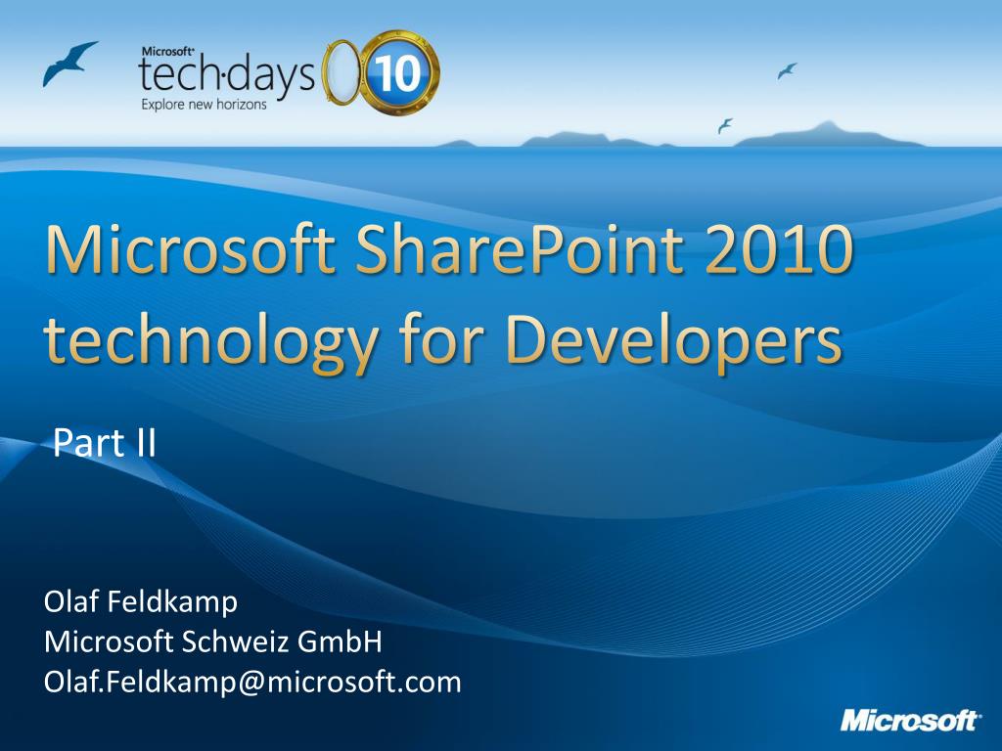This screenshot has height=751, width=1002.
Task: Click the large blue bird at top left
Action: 69,63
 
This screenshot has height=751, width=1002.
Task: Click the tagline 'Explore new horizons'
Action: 204,105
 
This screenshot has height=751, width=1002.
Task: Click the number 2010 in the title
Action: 780,249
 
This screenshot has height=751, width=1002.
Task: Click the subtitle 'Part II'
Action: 105,443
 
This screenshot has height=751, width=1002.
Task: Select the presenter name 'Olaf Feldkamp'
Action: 141,601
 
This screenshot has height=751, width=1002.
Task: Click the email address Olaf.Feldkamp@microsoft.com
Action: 252,682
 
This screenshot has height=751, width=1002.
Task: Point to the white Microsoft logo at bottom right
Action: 909,720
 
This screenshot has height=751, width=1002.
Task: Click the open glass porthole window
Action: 342,71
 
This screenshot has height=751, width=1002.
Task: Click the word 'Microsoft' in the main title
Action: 191,249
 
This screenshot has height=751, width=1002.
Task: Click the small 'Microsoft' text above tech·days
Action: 167,52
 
